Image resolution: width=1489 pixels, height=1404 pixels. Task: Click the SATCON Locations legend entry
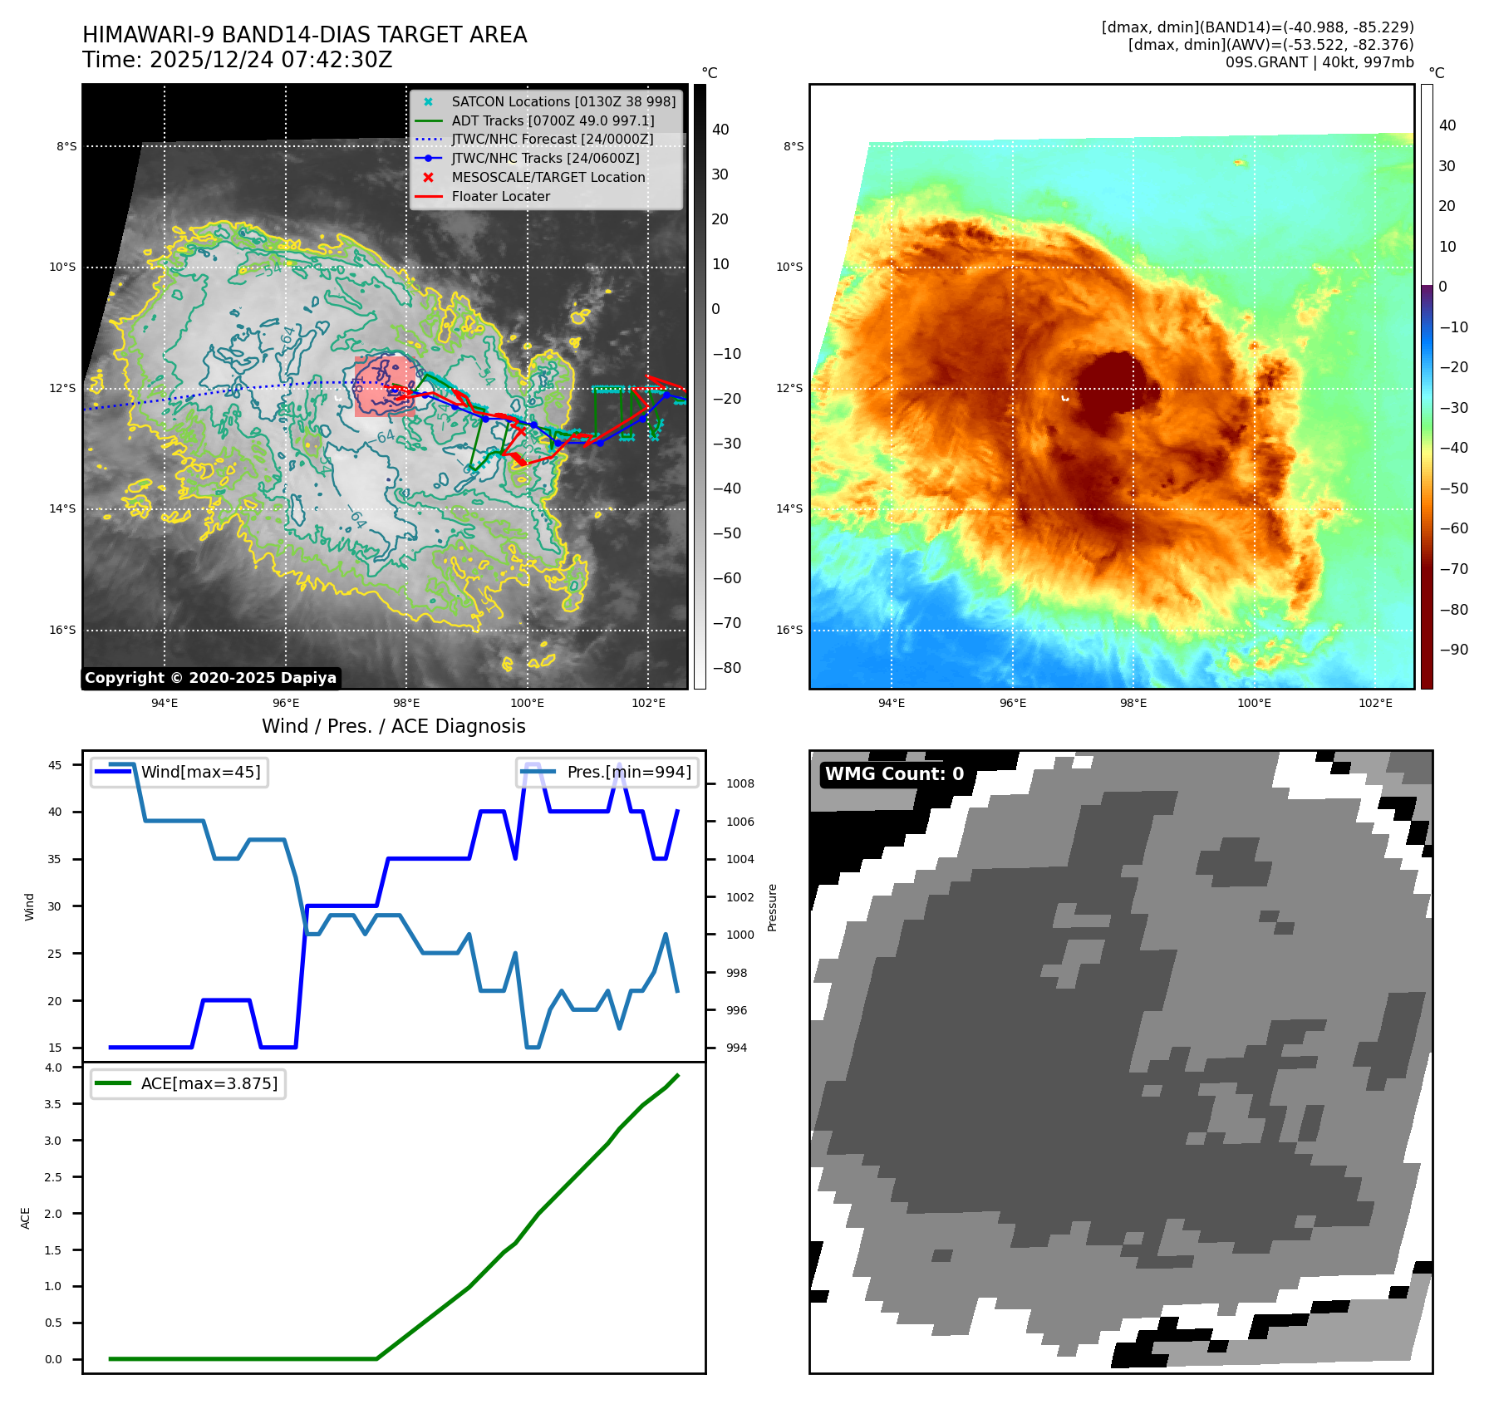click(563, 101)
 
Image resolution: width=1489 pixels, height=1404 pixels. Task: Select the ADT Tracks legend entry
click(553, 120)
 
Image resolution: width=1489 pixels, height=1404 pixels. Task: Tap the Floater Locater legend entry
click(500, 196)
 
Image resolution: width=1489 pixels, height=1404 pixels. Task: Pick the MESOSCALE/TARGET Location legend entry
click(548, 177)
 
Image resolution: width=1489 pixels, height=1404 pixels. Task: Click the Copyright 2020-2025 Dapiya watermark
click(210, 678)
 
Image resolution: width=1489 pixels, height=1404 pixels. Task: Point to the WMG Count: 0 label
click(894, 774)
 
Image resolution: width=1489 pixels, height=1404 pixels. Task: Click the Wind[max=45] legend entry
click(199, 772)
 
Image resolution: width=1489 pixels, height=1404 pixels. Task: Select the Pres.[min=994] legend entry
click(628, 772)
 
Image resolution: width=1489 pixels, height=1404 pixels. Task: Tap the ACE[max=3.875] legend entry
click(209, 1083)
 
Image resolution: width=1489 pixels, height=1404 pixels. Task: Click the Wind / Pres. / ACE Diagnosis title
click(393, 726)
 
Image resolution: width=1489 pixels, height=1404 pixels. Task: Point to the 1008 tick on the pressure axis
click(740, 783)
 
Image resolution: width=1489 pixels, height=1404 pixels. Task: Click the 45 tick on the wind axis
click(55, 765)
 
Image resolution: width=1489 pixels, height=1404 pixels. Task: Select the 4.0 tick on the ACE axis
click(53, 1068)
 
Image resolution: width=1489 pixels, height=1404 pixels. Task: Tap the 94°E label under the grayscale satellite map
click(165, 703)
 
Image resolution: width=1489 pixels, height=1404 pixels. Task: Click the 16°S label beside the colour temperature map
click(789, 630)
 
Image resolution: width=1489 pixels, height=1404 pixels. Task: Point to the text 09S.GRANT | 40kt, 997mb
click(1319, 62)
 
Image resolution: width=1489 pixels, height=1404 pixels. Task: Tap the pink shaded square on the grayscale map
click(384, 386)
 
